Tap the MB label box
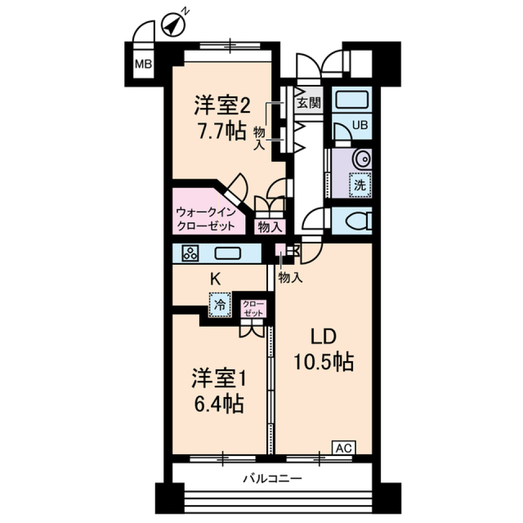(143, 65)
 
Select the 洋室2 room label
(222, 105)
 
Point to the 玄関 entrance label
(308, 103)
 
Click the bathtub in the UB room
(351, 100)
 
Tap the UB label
(360, 125)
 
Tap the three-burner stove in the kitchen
(190, 253)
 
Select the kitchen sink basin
(229, 253)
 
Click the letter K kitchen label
(216, 279)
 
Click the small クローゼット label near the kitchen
(253, 308)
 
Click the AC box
(343, 448)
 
